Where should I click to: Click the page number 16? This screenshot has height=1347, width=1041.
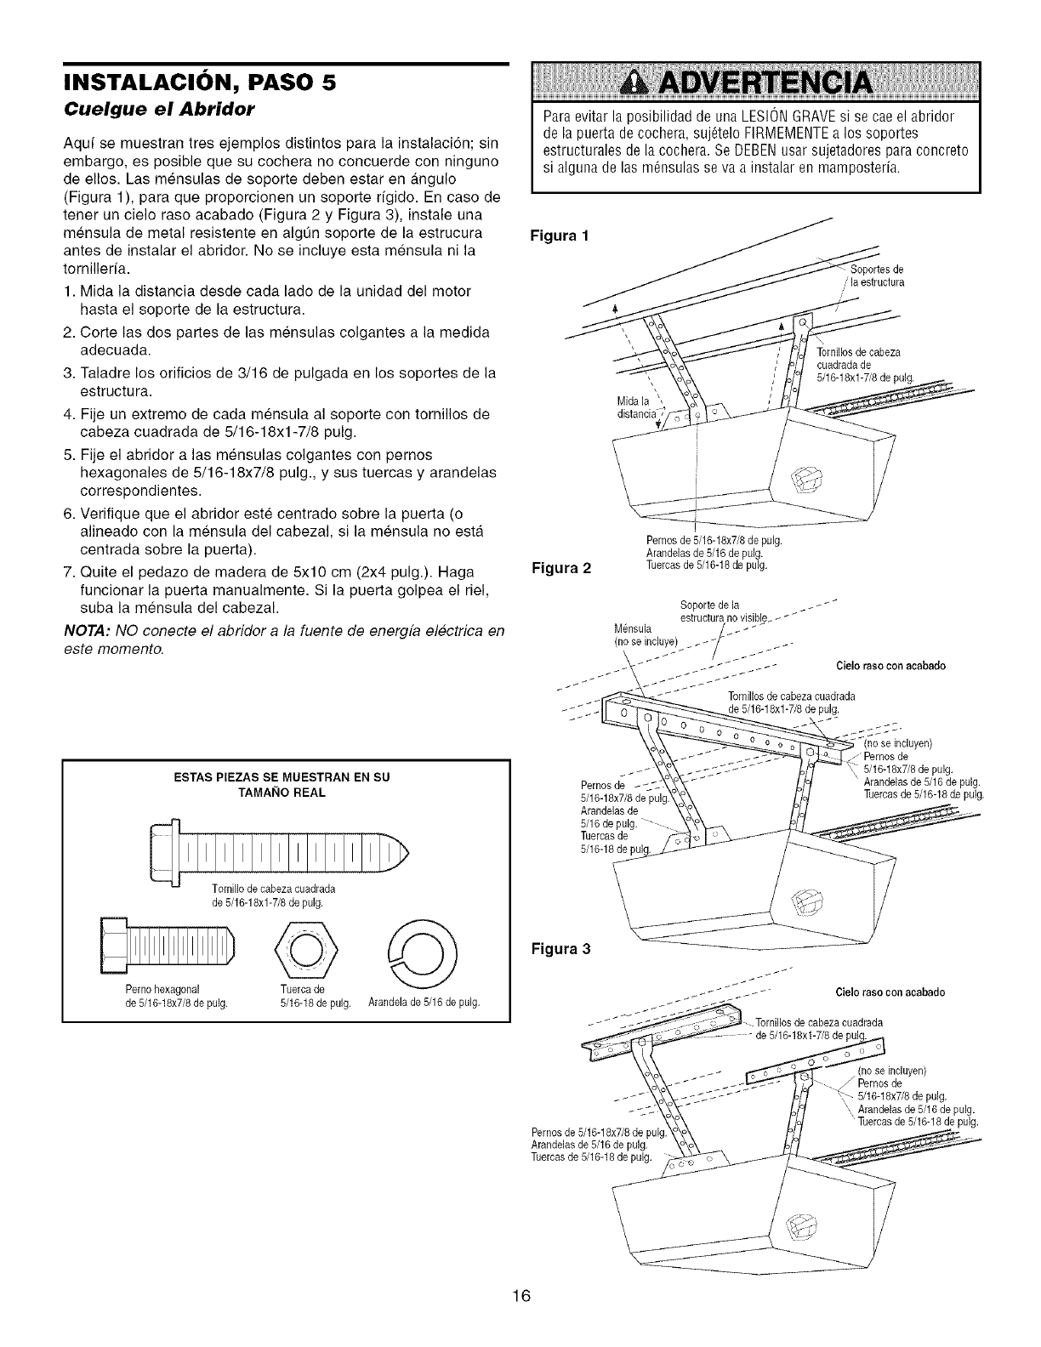[520, 1297]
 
